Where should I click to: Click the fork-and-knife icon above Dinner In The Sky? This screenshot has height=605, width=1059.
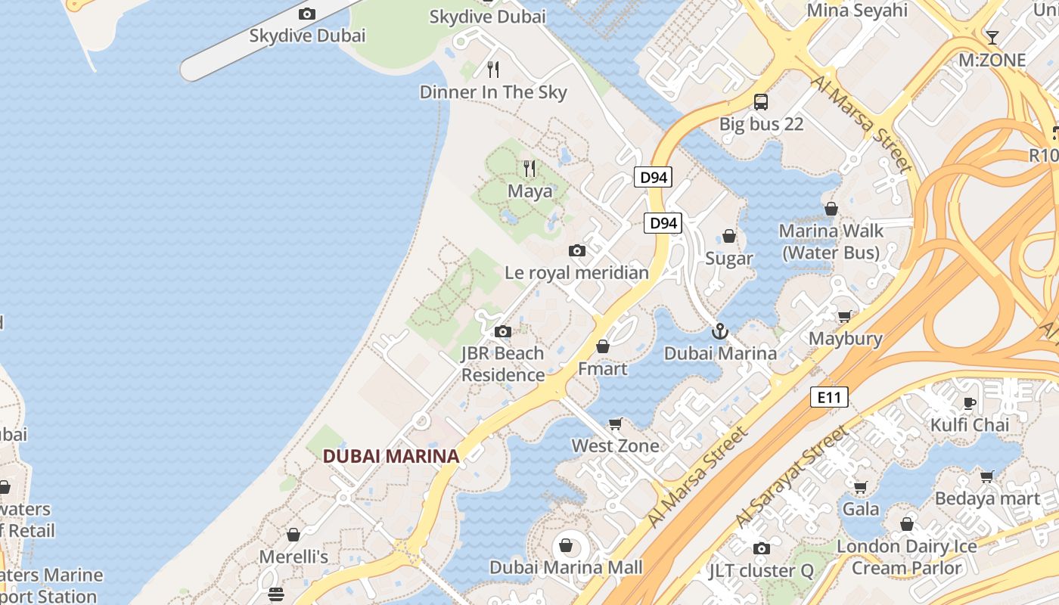pyautogui.click(x=493, y=70)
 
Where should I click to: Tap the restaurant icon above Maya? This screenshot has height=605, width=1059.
pyautogui.click(x=529, y=168)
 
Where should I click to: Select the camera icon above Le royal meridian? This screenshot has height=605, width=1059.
pyautogui.click(x=577, y=250)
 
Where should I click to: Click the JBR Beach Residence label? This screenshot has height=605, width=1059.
pyautogui.click(x=503, y=364)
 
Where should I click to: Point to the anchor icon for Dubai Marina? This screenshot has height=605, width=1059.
pyautogui.click(x=720, y=331)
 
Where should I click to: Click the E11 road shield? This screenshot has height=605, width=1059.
pyautogui.click(x=829, y=397)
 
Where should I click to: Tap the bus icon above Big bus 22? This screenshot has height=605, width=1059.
pyautogui.click(x=761, y=101)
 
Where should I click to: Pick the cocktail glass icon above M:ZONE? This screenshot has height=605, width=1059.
pyautogui.click(x=992, y=37)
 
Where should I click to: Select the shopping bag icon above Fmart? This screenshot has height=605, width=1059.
pyautogui.click(x=603, y=347)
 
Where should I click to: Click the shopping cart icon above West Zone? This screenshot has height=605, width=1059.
pyautogui.click(x=616, y=423)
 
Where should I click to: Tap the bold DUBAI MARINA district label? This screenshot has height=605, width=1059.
pyautogui.click(x=391, y=456)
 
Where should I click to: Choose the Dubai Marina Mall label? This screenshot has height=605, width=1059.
pyautogui.click(x=566, y=567)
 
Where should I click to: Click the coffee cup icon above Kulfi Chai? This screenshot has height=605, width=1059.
pyautogui.click(x=970, y=402)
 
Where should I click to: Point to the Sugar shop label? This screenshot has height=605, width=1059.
pyautogui.click(x=729, y=259)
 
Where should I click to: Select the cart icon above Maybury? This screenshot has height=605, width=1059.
pyautogui.click(x=845, y=316)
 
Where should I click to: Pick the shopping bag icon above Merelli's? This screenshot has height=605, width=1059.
pyautogui.click(x=293, y=535)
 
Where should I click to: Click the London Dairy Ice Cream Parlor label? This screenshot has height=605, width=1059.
pyautogui.click(x=907, y=557)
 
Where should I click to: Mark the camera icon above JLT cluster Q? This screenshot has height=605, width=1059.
pyautogui.click(x=762, y=548)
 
